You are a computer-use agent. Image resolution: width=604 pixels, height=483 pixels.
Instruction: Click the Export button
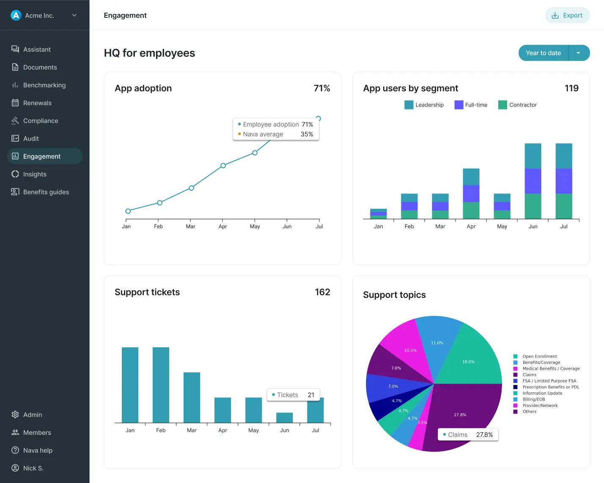pyautogui.click(x=567, y=15)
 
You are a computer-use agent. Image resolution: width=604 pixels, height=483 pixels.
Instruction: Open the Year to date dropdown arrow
pyautogui.click(x=578, y=53)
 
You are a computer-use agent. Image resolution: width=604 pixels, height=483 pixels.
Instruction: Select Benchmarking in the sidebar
pyautogui.click(x=44, y=85)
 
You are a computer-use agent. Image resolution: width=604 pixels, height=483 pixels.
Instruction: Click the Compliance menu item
pyautogui.click(x=41, y=121)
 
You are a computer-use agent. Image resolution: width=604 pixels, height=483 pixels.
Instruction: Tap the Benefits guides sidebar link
pyautogui.click(x=46, y=192)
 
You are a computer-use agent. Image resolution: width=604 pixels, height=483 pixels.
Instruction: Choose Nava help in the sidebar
pyautogui.click(x=38, y=450)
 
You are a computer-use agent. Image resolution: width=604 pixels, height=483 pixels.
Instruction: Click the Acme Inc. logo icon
pyautogui.click(x=16, y=15)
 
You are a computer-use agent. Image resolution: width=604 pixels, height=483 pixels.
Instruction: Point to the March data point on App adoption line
pyautogui.click(x=191, y=188)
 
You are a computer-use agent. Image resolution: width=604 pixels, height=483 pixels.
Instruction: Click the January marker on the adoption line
pyautogui.click(x=128, y=211)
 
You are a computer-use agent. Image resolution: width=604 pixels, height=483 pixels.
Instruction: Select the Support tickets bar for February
pyautogui.click(x=161, y=385)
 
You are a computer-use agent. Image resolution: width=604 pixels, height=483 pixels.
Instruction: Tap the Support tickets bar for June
pyautogui.click(x=284, y=418)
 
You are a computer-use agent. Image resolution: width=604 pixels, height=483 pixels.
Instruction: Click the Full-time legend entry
pyautogui.click(x=471, y=105)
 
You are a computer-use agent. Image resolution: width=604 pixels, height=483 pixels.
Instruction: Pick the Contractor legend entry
pyautogui.click(x=517, y=105)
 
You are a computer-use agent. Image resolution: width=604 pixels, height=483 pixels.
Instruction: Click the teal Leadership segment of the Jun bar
pyautogui.click(x=533, y=156)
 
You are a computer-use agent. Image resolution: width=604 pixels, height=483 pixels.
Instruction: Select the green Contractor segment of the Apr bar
pyautogui.click(x=471, y=210)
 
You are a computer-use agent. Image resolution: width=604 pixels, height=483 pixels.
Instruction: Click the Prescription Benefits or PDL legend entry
pyautogui.click(x=550, y=387)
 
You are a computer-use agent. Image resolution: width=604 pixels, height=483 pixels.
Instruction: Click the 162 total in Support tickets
pyautogui.click(x=322, y=292)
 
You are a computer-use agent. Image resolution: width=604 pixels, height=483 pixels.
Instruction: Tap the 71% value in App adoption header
pyautogui.click(x=321, y=88)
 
